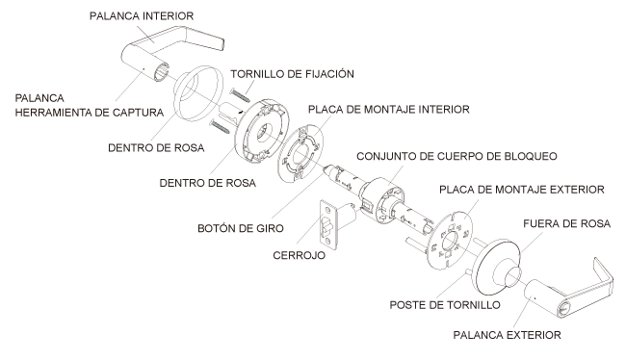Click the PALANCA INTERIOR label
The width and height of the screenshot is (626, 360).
click(142, 16)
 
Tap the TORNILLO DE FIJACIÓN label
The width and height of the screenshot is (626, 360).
click(292, 74)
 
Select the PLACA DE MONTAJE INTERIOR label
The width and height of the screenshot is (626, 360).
click(388, 110)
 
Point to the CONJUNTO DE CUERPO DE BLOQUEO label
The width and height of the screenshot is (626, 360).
click(456, 156)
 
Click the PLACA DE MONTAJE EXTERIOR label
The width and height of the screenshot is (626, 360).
click(521, 190)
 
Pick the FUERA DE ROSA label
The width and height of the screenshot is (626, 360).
click(566, 223)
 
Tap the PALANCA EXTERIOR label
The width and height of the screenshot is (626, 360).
click(507, 335)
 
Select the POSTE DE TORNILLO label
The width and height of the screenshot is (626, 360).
click(445, 305)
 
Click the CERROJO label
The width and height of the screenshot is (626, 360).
click(299, 255)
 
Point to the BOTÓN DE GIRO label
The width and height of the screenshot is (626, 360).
click(241, 228)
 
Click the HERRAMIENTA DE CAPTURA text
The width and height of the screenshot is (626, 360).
click(89, 113)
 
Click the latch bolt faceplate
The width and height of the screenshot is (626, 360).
click(329, 224)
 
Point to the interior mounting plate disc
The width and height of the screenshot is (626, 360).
click(300, 154)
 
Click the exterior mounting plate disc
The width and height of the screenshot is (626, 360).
click(450, 241)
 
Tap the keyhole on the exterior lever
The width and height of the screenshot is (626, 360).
click(563, 309)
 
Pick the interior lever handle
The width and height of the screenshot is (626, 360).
click(171, 52)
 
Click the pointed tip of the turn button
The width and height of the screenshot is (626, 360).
click(325, 168)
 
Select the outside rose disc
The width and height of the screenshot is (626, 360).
click(496, 268)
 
